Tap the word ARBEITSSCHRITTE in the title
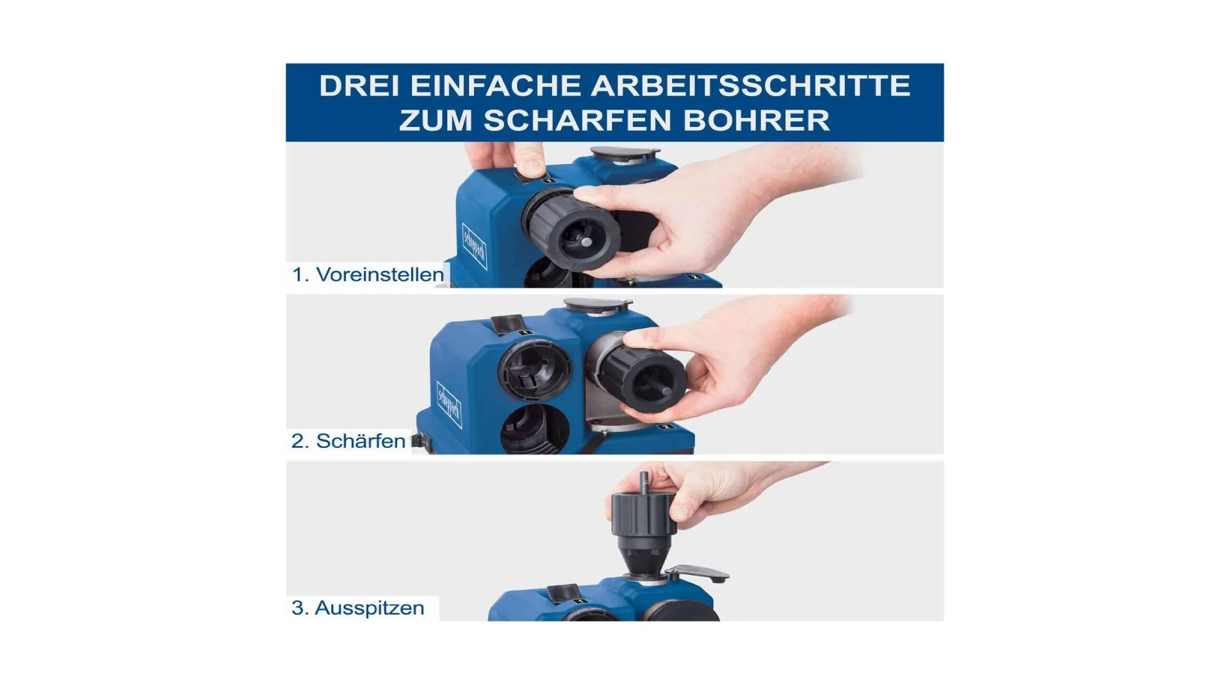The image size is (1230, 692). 750,86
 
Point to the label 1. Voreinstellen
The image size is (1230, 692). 368,274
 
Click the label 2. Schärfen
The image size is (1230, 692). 348,441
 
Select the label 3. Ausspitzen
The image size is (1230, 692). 357,607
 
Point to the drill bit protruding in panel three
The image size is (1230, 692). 644,482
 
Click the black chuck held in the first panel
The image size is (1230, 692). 572,227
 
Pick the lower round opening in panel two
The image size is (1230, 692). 534,428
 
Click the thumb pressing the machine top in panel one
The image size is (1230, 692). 530,160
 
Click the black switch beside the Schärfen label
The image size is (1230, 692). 418,441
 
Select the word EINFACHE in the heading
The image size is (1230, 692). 495,86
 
